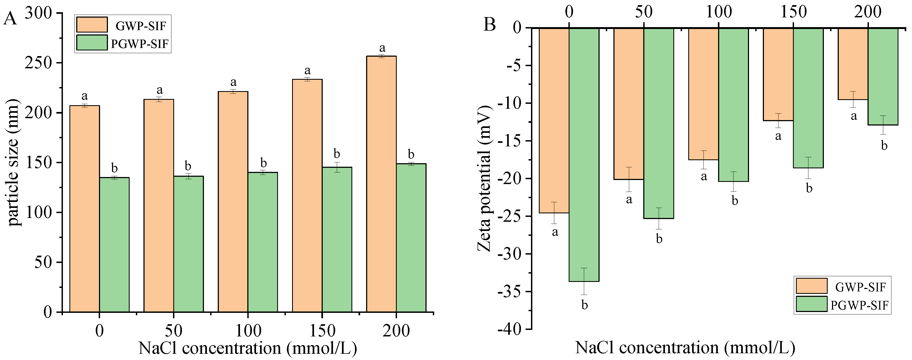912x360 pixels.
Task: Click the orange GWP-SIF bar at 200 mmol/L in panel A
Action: (381, 184)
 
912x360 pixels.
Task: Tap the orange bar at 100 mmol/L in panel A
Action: (233, 202)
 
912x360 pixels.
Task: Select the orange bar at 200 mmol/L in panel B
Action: (853, 64)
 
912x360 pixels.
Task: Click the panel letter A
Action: (10, 18)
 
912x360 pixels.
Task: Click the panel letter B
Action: (490, 25)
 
